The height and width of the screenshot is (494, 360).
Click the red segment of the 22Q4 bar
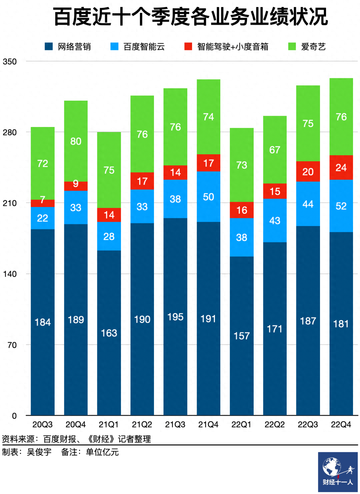[341, 167]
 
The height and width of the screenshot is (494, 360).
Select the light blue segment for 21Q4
[208, 197]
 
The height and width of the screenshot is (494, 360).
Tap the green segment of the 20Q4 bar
[76, 141]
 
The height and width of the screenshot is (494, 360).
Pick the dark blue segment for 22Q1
[242, 336]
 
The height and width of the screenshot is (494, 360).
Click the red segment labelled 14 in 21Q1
[109, 215]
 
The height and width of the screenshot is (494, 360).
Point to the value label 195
[175, 317]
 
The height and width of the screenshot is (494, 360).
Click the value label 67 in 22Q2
[275, 150]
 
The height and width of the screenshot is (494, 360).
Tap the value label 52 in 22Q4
[341, 206]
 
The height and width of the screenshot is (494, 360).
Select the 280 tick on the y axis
[10, 132]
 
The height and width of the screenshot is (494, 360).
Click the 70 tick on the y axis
[12, 345]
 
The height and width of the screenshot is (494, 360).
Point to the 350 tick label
[10, 62]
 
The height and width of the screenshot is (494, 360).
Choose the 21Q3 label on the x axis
[175, 425]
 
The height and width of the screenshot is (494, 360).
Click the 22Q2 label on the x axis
[275, 425]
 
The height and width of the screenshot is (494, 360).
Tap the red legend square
[188, 46]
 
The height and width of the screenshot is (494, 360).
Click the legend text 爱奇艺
[313, 47]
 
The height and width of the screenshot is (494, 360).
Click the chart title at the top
[190, 17]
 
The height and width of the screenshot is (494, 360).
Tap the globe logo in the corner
[332, 467]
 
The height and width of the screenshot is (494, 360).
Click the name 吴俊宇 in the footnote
[39, 452]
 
